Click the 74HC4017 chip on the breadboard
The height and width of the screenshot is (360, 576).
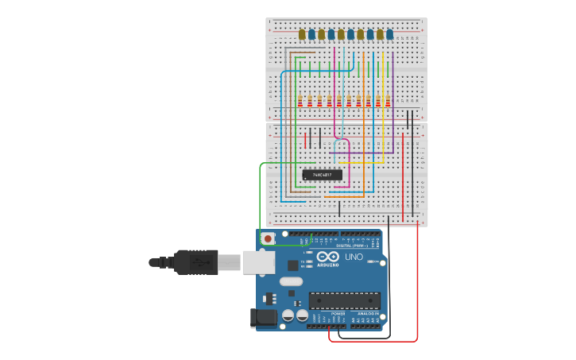[x=323, y=175]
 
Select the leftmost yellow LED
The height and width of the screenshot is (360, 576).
[x=302, y=34]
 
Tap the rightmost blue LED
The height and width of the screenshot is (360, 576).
[x=389, y=34]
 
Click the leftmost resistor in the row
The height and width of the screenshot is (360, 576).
[x=300, y=101]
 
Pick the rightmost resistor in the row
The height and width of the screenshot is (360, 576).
[x=389, y=101]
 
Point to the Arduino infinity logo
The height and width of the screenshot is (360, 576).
[x=328, y=257]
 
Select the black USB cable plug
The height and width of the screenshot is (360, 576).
[x=195, y=261]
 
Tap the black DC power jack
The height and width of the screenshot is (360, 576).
[x=263, y=318]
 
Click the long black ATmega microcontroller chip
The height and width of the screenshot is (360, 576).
[x=344, y=300]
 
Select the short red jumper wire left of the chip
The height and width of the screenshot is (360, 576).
[x=305, y=141]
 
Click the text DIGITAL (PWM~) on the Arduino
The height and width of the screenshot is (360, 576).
[x=350, y=246]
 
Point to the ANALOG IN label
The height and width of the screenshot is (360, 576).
[x=367, y=314]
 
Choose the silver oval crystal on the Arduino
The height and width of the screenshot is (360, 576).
[x=292, y=281]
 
